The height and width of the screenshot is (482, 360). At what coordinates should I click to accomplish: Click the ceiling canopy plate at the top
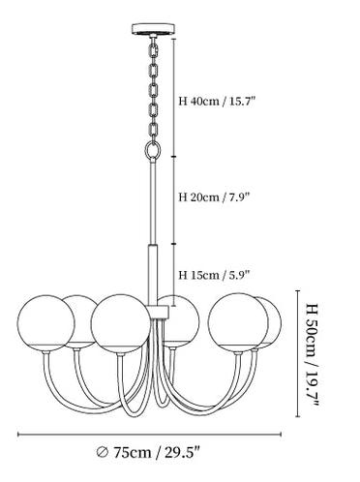click(x=154, y=29)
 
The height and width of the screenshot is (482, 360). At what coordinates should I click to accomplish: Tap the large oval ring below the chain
click(x=145, y=150)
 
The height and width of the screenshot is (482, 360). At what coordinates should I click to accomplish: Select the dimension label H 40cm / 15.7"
click(x=217, y=102)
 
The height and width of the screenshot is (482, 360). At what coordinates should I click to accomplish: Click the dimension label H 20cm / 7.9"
click(x=215, y=196)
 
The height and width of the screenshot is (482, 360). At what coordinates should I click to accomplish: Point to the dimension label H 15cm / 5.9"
click(x=215, y=275)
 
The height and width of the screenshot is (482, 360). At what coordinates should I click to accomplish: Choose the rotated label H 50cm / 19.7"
click(x=311, y=355)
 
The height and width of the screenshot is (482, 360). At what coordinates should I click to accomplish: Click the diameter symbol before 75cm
click(x=103, y=452)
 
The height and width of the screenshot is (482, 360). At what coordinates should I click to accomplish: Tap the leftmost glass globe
click(x=45, y=323)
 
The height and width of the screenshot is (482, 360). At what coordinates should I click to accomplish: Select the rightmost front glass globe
click(x=238, y=323)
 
